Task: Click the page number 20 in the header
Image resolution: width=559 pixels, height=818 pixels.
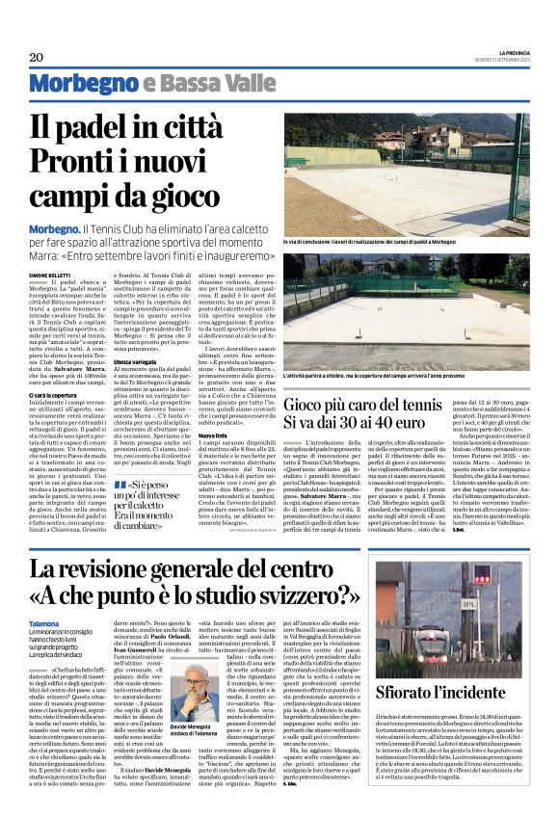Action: click(x=37, y=57)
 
